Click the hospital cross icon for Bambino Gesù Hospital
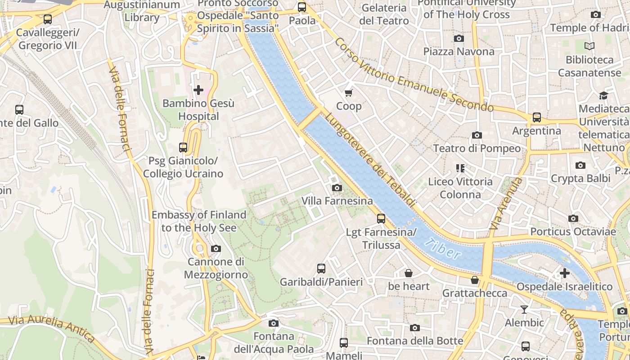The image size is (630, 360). (x=198, y=90)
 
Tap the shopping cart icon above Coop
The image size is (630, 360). (x=349, y=93)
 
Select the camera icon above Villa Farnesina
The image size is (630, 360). (x=337, y=188)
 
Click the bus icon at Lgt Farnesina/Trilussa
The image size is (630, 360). (x=381, y=219)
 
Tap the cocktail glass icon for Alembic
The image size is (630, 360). (x=524, y=310)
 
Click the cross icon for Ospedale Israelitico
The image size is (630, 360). (x=564, y=273)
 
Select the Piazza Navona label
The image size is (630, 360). (x=459, y=51)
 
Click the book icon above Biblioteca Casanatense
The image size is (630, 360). (x=589, y=46)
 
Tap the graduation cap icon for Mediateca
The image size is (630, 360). (x=603, y=95)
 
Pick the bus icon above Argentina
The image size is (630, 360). (x=537, y=117)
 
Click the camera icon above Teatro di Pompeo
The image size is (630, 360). (x=477, y=135)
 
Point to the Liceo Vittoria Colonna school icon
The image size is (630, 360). (x=460, y=168)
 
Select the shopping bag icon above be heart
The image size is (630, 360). (x=409, y=273)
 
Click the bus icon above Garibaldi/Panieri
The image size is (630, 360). (x=321, y=269)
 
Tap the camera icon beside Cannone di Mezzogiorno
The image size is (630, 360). (x=216, y=248)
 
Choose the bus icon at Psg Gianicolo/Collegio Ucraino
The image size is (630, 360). (x=183, y=147)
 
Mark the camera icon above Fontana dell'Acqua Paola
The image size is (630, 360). (x=273, y=323)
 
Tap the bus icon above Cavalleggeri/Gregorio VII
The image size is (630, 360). (x=48, y=19)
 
